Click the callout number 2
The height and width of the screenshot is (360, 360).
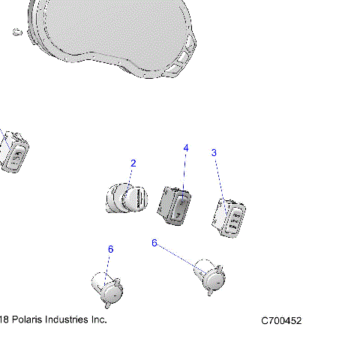[133, 163]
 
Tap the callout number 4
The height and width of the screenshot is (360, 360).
[186, 148]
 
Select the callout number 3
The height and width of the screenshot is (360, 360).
[214, 153]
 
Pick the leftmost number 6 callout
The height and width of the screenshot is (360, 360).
[110, 249]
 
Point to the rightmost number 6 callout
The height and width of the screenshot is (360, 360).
[154, 243]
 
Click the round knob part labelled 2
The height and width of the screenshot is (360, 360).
[127, 200]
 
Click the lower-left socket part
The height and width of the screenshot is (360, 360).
[106, 289]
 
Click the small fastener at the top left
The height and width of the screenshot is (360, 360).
[16, 31]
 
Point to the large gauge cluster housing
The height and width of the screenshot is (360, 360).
[105, 34]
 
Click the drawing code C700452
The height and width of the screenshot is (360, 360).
[281, 321]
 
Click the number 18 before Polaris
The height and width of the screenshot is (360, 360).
[4, 319]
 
